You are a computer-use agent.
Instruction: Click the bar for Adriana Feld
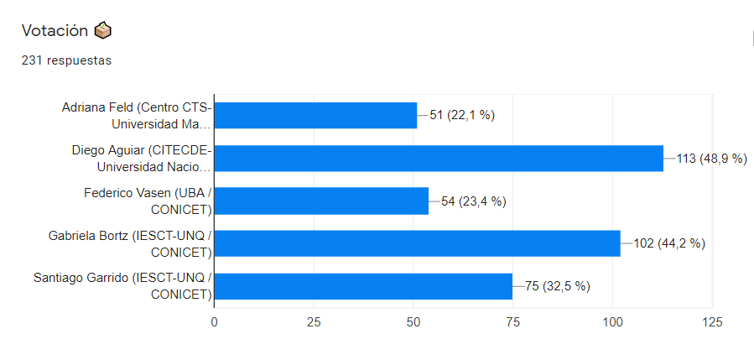pos(315,116)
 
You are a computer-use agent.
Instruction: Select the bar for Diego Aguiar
pos(439,159)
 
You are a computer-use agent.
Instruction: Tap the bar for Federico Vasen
pos(321,201)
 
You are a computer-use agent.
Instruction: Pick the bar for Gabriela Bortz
pos(417,243)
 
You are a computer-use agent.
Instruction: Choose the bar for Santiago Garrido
pos(363,286)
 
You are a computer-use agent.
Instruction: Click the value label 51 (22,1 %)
pos(462,116)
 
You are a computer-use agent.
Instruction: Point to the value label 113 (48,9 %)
pos(711,159)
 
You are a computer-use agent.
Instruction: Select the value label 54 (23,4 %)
pos(474,201)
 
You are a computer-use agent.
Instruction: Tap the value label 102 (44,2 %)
pos(668,243)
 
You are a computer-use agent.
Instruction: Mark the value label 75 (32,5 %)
pos(558,286)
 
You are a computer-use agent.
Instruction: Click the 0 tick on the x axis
pos(214,322)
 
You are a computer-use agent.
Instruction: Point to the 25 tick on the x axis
pos(314,322)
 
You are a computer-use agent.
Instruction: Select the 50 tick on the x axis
pos(413,322)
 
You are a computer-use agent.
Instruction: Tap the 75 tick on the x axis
pos(513,322)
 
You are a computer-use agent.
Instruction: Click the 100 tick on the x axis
pos(612,322)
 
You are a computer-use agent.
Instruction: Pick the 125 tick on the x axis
pos(712,322)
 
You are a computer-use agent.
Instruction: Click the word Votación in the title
pos(55,31)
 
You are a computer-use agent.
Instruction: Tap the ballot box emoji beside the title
pos(103,31)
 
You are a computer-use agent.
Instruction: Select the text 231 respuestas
pos(66,60)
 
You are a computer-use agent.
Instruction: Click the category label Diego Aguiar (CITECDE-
pos(141,151)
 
